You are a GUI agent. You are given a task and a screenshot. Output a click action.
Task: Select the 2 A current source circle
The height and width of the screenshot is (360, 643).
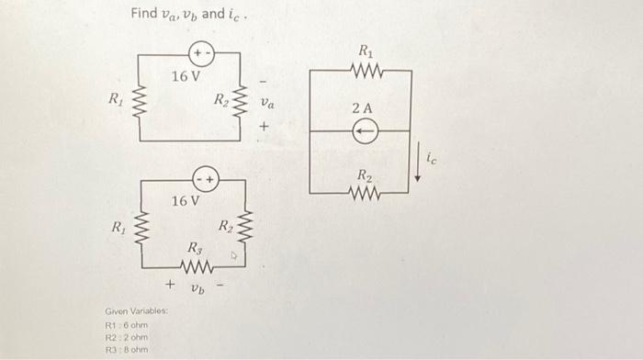(x=364, y=130)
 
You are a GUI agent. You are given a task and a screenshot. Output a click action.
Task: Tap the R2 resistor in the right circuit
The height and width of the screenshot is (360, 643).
(x=364, y=193)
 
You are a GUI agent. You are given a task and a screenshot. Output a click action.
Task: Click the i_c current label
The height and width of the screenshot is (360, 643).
(x=433, y=160)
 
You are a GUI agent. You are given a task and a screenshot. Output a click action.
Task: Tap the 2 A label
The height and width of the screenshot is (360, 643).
(x=363, y=108)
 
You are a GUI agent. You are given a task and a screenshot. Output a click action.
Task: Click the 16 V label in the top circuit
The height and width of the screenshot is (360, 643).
(x=185, y=75)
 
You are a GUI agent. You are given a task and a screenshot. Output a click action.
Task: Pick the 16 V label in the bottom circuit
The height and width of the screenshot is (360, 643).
(x=185, y=199)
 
